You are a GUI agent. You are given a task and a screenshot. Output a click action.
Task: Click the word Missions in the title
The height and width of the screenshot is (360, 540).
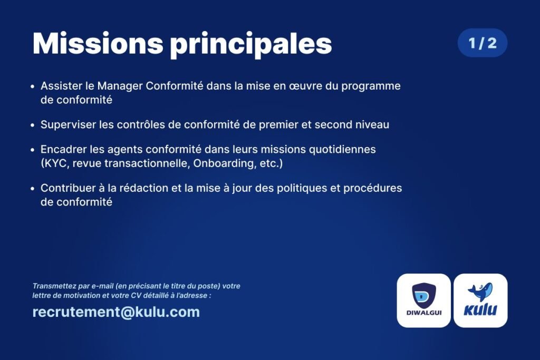(x=98, y=43)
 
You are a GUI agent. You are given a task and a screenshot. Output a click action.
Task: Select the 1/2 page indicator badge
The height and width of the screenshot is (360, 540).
(x=482, y=43)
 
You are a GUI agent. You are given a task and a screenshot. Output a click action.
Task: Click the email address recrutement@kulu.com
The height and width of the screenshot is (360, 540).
(x=116, y=312)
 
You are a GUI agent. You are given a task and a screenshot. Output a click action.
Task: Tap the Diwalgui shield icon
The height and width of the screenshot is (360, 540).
(x=423, y=295)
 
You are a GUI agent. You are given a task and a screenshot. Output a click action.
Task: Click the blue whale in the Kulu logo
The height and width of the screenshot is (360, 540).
(x=480, y=291)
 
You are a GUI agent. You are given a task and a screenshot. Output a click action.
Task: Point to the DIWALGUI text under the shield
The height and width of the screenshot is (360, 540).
(x=424, y=313)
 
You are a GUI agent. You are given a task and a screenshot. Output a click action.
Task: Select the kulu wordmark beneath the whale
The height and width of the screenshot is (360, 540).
(x=480, y=309)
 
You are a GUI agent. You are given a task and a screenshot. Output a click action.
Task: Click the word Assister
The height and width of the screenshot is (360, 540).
(x=61, y=86)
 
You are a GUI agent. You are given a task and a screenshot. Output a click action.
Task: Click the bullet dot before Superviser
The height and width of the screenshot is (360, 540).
(x=32, y=125)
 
